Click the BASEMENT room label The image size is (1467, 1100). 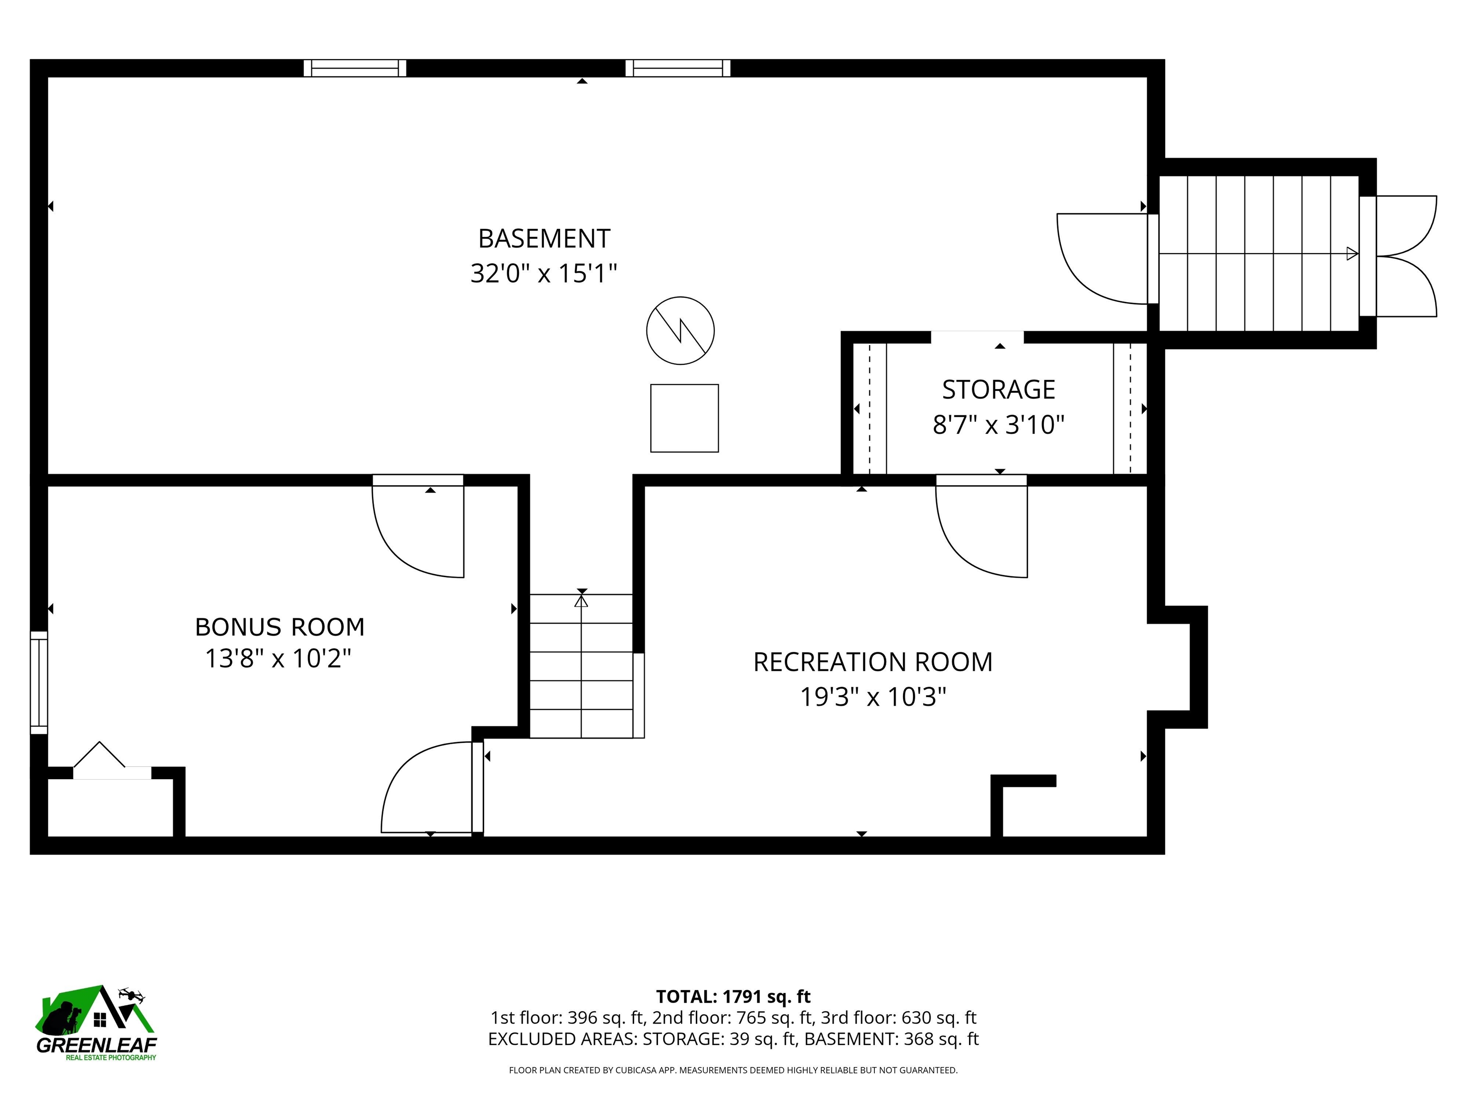pos(544,239)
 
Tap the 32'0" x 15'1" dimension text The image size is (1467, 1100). pos(544,273)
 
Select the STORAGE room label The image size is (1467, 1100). pos(999,390)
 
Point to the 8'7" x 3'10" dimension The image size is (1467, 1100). pos(999,424)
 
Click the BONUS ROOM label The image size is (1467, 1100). pos(280,626)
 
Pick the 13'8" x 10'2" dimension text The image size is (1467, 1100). pos(278,658)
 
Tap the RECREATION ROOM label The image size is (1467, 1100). pos(873,662)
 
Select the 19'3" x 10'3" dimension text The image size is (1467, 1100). pos(873,697)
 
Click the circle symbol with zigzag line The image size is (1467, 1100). pos(680,330)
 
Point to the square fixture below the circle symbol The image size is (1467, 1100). pos(684,418)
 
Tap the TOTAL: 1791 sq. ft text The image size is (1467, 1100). pos(733,996)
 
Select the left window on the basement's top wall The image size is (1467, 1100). pos(355,68)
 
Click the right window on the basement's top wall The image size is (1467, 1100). pos(678,68)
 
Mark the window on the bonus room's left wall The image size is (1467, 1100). pos(39,682)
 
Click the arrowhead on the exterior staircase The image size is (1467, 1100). pos(1352,254)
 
